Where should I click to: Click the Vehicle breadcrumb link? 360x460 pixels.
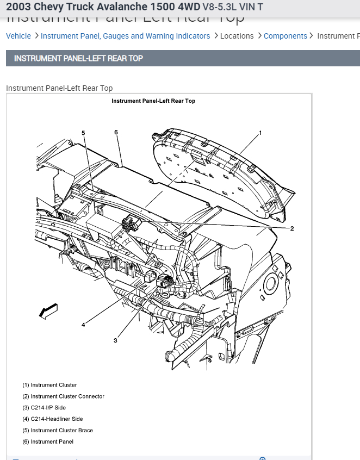pyautogui.click(x=18, y=36)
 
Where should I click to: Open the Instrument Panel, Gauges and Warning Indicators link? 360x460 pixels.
pyautogui.click(x=125, y=36)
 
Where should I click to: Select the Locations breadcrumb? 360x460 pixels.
pyautogui.click(x=237, y=36)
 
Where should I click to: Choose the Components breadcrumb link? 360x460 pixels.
pyautogui.click(x=285, y=36)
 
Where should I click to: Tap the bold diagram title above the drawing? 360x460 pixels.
pyautogui.click(x=153, y=101)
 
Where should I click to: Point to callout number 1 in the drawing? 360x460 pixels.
pyautogui.click(x=260, y=133)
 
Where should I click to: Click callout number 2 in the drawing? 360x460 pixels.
pyautogui.click(x=292, y=228)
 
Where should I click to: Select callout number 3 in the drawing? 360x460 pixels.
pyautogui.click(x=115, y=340)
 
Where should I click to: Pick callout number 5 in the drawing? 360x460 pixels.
pyautogui.click(x=83, y=133)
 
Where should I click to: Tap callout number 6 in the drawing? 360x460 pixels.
pyautogui.click(x=116, y=132)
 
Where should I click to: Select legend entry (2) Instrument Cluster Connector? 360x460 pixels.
pyautogui.click(x=63, y=396)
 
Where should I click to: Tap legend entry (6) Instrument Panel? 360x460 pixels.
pyautogui.click(x=48, y=442)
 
